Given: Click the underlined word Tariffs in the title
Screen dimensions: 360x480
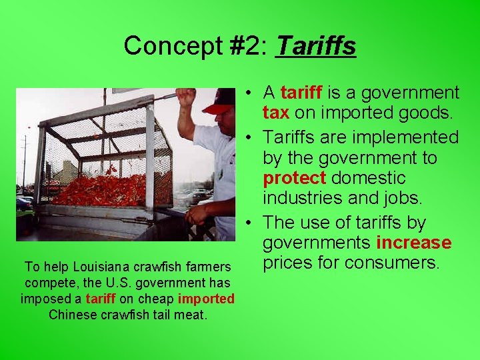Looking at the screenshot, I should click(x=315, y=46).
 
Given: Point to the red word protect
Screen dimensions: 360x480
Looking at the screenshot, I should click(x=294, y=178).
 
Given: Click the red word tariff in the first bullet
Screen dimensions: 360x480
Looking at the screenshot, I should click(x=302, y=93).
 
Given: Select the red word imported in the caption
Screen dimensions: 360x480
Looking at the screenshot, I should click(x=206, y=299).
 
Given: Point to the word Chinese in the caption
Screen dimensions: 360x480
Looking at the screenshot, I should click(x=71, y=314).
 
